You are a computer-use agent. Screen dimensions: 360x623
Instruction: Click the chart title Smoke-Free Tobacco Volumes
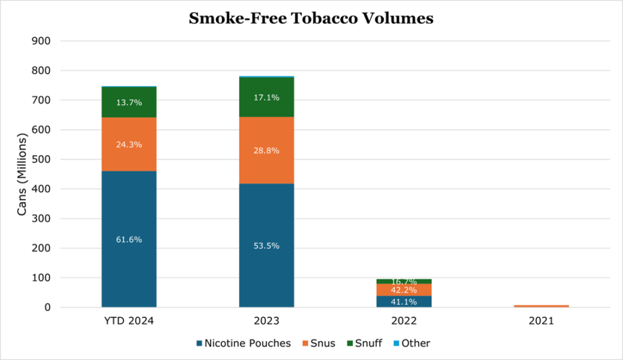point(311,18)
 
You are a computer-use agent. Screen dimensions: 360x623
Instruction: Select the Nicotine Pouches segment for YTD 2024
point(129,268)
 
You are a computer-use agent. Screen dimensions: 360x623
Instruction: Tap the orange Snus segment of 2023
point(266,167)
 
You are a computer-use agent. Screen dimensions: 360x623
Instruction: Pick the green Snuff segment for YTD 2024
point(129,112)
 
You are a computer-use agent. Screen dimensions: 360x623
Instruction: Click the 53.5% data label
point(266,246)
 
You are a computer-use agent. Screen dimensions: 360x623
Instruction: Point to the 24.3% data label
point(129,145)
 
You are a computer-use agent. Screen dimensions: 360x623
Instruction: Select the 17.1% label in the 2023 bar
point(266,97)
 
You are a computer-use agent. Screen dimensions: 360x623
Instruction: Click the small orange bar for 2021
point(541,306)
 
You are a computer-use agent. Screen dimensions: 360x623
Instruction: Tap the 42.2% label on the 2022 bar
point(404,290)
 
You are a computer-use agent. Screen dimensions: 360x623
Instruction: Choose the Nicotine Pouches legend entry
point(244,344)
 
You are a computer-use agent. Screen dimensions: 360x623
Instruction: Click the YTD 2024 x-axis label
point(129,320)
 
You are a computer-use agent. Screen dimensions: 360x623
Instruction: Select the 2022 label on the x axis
point(404,320)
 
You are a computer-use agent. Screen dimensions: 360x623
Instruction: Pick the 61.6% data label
point(129,240)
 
